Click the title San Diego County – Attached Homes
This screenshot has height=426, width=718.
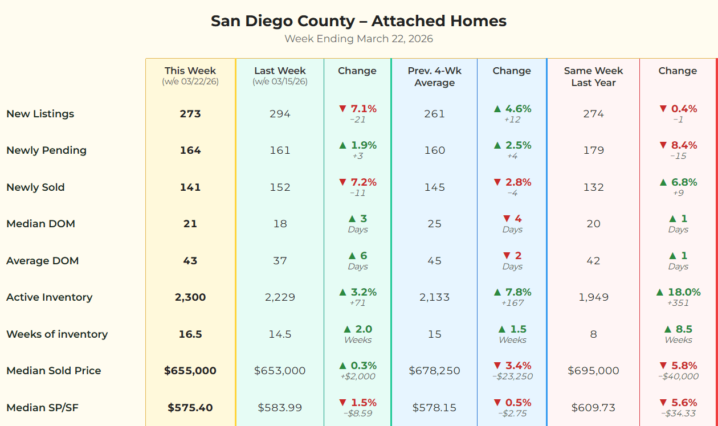(358, 21)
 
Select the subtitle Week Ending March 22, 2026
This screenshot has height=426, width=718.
(358, 39)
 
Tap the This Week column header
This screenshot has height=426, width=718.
(190, 71)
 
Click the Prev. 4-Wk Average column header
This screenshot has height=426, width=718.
(434, 76)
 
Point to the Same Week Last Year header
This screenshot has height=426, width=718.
(593, 76)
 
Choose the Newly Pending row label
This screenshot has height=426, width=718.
(46, 150)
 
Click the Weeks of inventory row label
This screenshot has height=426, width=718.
(57, 334)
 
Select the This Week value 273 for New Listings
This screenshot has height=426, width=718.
(190, 114)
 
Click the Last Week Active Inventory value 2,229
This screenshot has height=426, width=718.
(280, 297)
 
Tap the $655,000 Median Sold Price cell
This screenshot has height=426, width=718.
(190, 371)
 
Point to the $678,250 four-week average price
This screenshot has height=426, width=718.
(434, 371)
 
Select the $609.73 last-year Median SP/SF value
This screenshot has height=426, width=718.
(593, 408)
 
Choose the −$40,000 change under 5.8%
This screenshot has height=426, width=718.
(678, 376)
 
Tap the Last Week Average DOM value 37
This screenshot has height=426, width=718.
(280, 261)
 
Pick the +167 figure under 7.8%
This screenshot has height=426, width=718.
(512, 303)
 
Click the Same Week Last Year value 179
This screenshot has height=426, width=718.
(593, 150)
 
